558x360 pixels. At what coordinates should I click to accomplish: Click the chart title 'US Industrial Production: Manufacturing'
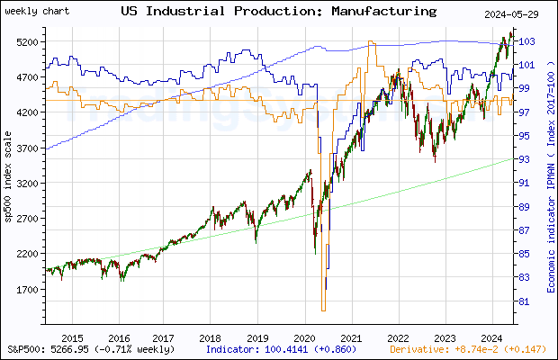tap(278, 12)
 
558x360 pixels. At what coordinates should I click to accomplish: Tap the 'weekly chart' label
tap(31, 12)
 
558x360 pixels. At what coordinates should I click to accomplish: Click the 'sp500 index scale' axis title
tap(8, 206)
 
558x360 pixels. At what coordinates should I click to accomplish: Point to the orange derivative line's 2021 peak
tap(370, 40)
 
